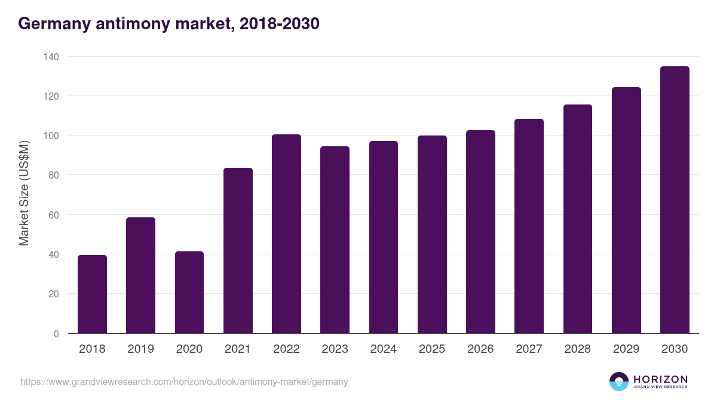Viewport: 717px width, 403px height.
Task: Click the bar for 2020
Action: coord(189,293)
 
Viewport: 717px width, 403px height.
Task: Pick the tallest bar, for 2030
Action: coord(675,200)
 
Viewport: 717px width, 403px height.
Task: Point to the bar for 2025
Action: coord(432,235)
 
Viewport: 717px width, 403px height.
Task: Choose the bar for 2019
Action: coord(140,275)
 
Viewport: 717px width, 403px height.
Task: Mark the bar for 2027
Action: coord(529,226)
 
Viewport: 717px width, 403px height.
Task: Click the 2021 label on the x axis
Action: coord(238,349)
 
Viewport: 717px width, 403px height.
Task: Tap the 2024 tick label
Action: coord(383,349)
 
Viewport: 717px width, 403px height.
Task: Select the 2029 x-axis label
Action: coord(626,349)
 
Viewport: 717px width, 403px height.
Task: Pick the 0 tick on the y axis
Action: coord(56,334)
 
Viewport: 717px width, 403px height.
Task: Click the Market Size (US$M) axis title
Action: coord(24,193)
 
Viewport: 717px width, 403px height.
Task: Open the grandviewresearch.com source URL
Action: coord(184,382)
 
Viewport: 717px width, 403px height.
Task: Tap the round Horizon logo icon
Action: coord(618,382)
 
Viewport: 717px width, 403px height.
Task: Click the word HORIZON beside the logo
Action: coord(660,379)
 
